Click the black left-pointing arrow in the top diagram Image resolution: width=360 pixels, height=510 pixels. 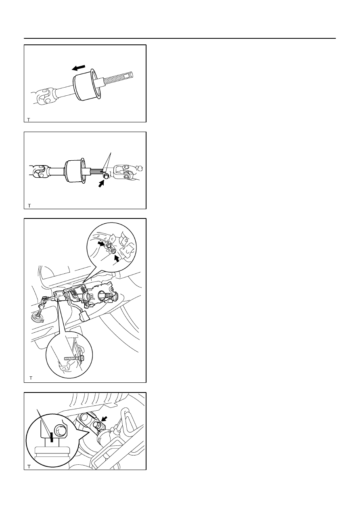click(78, 67)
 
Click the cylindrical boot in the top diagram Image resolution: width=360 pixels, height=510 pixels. click(87, 84)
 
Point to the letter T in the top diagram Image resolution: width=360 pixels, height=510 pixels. click(28, 120)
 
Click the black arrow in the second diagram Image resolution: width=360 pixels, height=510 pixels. click(101, 183)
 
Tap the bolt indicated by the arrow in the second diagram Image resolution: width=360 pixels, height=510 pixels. click(106, 176)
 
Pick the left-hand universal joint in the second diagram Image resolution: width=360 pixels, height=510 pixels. click(40, 171)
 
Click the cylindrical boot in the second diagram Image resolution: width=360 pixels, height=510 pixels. click(75, 171)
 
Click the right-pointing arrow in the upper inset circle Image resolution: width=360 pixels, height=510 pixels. click(101, 244)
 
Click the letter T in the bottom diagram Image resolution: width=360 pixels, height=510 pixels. click(29, 466)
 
